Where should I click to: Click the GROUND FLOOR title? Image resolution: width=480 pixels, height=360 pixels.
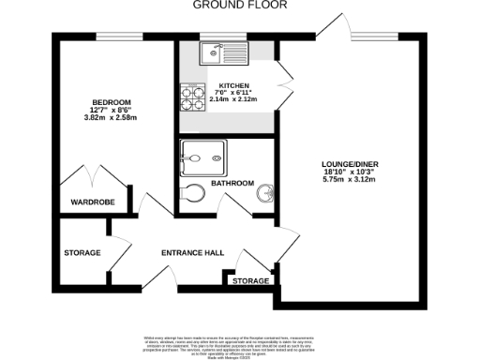240,5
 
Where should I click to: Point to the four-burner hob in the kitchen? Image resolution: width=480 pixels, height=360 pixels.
193,93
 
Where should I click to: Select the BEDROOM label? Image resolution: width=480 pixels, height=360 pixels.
111,101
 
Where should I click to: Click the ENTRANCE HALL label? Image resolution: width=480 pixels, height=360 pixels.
192,253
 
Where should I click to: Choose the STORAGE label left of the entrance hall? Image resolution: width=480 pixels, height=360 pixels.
82,253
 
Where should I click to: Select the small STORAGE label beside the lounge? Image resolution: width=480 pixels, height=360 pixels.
250,280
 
